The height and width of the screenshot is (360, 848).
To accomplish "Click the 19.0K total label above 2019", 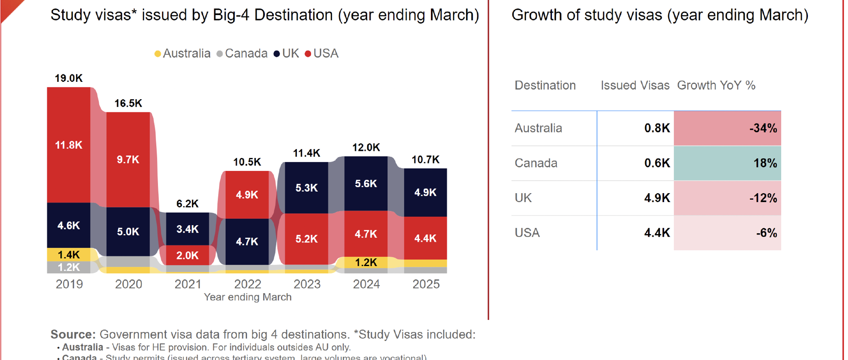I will click(69, 78).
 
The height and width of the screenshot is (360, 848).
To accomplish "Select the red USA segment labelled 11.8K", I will click(69, 145).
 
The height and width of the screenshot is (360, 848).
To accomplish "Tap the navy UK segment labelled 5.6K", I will click(366, 183).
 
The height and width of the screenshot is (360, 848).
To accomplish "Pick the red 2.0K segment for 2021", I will click(187, 255).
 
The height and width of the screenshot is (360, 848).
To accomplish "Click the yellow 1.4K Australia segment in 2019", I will click(69, 255).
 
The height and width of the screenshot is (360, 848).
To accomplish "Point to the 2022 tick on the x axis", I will click(248, 284).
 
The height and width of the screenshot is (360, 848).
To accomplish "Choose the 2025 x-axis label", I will click(426, 284).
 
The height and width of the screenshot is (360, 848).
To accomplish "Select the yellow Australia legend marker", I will click(158, 54).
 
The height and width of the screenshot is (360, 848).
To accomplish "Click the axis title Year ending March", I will click(248, 297).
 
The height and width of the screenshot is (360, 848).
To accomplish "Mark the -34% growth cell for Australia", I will click(727, 128).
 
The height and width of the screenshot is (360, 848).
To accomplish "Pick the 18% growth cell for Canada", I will click(727, 163).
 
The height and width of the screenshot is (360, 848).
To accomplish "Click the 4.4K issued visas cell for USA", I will click(657, 233).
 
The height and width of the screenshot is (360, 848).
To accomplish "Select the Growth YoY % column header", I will click(716, 85).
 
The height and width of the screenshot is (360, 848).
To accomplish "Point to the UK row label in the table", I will click(523, 198).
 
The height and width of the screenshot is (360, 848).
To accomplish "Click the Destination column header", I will click(545, 85).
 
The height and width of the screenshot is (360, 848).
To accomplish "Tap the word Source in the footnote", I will click(73, 334).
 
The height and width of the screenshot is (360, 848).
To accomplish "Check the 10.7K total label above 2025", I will click(426, 159).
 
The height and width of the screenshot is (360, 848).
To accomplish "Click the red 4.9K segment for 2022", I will click(247, 194).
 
